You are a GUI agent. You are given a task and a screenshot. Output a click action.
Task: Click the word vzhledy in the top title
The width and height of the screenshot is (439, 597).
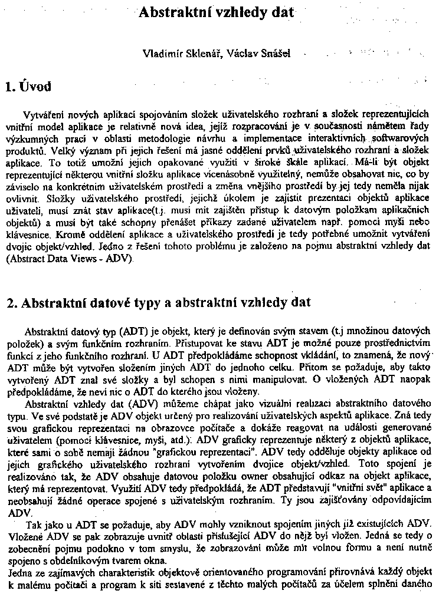233,12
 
